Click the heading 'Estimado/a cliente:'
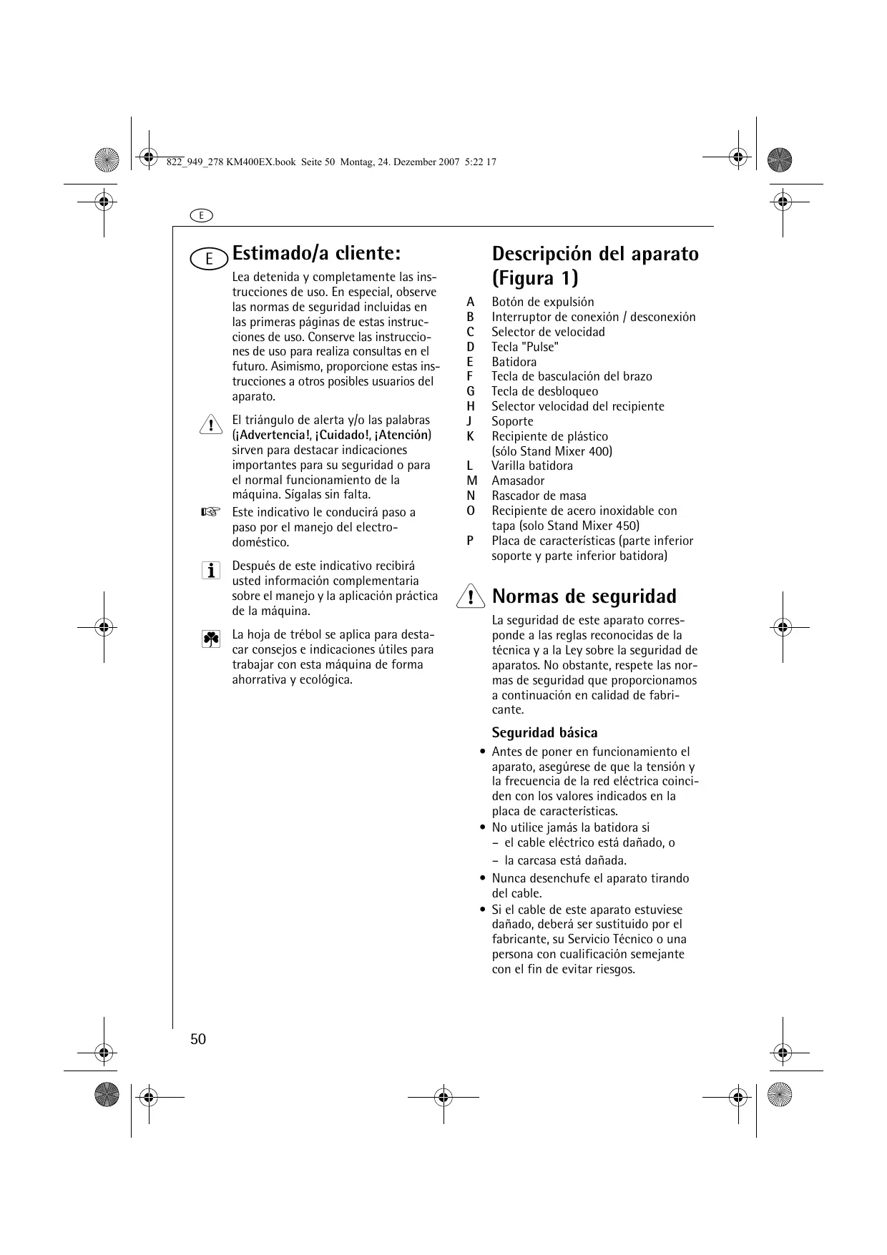tap(316, 253)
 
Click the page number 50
tap(198, 1039)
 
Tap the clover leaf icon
tap(210, 639)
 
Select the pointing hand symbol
tap(210, 512)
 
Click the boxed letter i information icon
tap(210, 570)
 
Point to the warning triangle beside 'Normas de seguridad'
tap(470, 596)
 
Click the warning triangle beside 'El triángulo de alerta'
tap(210, 424)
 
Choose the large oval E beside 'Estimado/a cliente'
tap(210, 258)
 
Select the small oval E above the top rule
tap(202, 215)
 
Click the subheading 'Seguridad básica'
tap(544, 732)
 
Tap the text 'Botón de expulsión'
tap(542, 302)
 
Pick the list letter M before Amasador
tap(471, 481)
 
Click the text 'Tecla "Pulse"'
tap(525, 347)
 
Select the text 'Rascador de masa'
tap(539, 496)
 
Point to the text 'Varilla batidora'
tap(531, 466)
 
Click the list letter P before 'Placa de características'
tap(470, 541)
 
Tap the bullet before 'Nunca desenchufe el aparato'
tap(484, 879)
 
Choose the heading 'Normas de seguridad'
tap(584, 596)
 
